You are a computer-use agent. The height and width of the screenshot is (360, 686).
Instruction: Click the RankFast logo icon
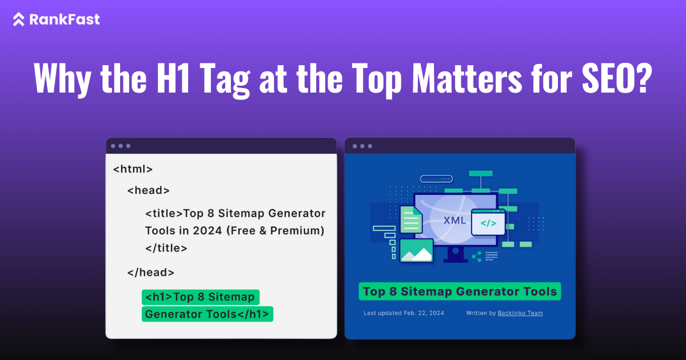pyautogui.click(x=19, y=19)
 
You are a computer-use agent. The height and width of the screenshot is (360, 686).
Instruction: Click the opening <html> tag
pyautogui.click(x=133, y=169)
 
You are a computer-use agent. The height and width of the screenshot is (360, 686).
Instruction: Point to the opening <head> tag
pyautogui.click(x=148, y=190)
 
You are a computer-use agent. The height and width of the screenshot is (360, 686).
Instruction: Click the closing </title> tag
pyautogui.click(x=166, y=248)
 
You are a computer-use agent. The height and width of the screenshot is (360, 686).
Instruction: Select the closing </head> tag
pyautogui.click(x=150, y=273)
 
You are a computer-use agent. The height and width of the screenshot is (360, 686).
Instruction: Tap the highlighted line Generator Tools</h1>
pyautogui.click(x=207, y=314)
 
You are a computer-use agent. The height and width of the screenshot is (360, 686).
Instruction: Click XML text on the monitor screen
pyautogui.click(x=454, y=220)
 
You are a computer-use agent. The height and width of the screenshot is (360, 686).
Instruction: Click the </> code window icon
pyautogui.click(x=488, y=223)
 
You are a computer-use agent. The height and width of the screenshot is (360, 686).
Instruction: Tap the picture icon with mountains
pyautogui.click(x=416, y=250)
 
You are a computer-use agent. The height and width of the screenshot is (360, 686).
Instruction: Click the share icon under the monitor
pyautogui.click(x=476, y=256)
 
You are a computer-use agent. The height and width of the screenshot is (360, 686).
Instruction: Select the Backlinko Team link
pyautogui.click(x=521, y=313)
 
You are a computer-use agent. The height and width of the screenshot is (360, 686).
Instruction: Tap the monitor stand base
pyautogui.click(x=456, y=258)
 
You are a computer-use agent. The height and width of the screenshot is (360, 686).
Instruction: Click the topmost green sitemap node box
pyautogui.click(x=480, y=173)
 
